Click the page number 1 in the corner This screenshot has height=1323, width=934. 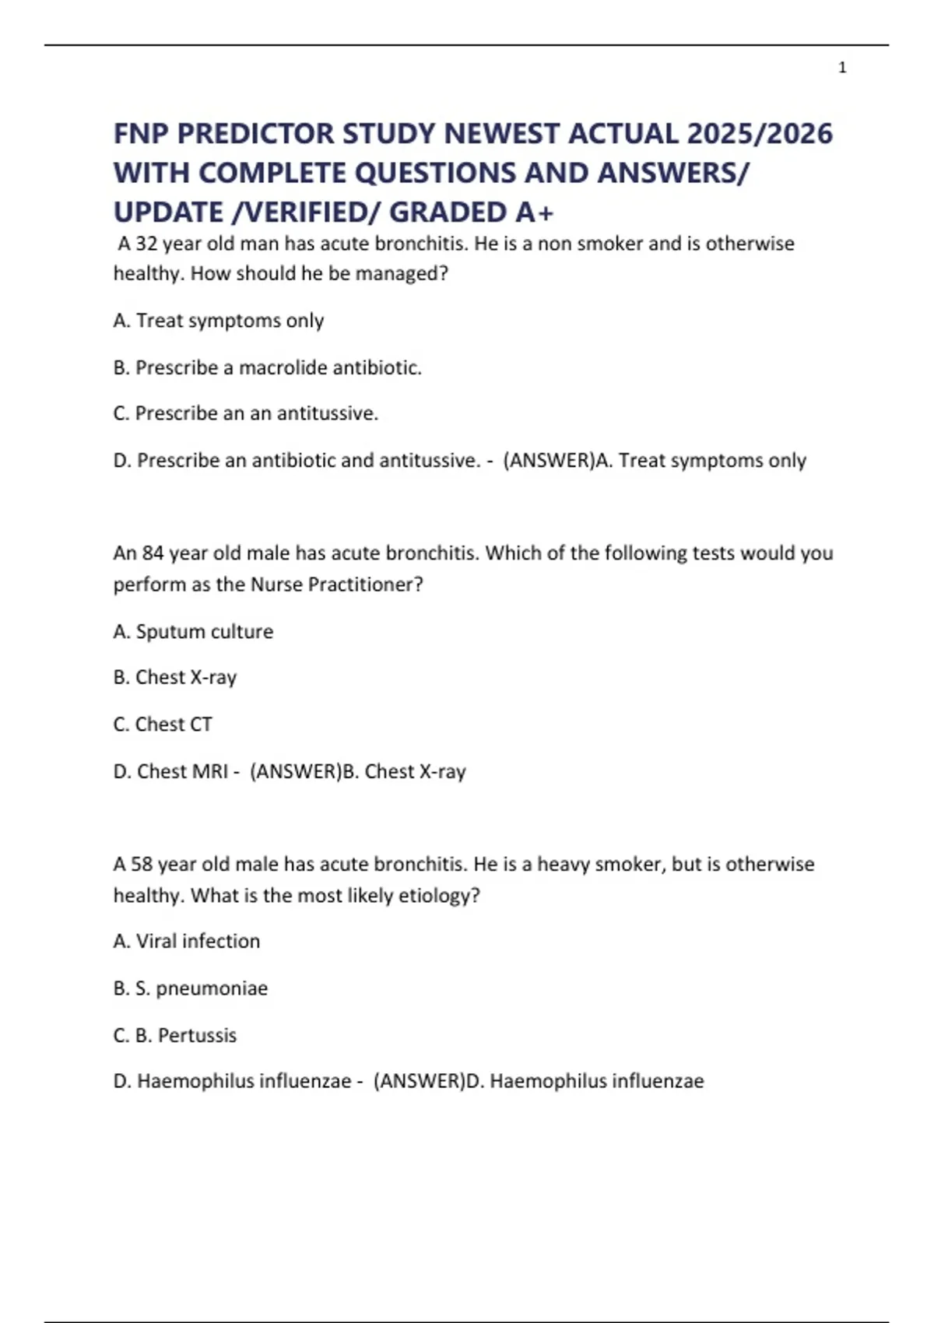[x=842, y=68]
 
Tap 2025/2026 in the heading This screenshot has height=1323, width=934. [x=759, y=134]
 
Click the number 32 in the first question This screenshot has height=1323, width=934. [x=146, y=244]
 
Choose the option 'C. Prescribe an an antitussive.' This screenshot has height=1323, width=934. [x=245, y=413]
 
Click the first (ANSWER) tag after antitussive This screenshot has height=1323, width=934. [x=549, y=460]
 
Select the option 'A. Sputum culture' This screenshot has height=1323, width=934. [x=193, y=631]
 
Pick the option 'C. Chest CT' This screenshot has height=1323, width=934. [x=163, y=725]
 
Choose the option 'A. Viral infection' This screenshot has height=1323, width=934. [x=187, y=941]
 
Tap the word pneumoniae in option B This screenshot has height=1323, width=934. [x=212, y=988]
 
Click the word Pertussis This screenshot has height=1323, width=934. [x=197, y=1035]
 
